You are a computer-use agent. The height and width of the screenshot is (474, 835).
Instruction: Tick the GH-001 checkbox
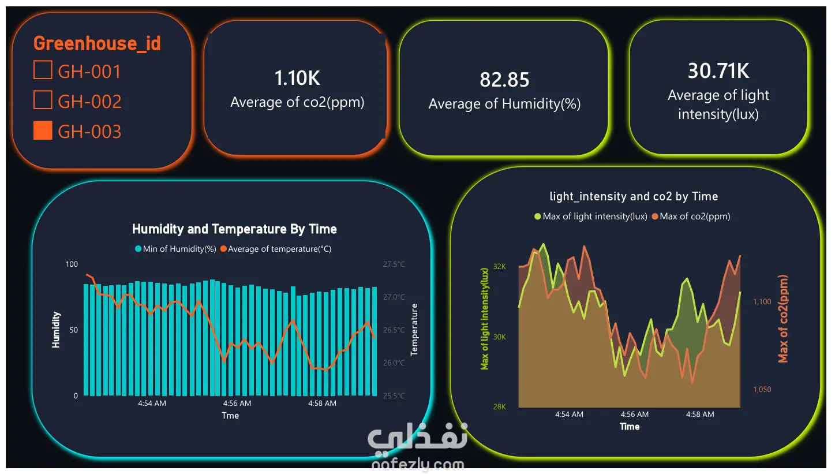tap(43, 70)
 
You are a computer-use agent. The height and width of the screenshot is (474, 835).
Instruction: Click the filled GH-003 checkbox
tap(43, 130)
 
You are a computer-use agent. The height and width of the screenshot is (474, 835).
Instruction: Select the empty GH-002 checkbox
tap(43, 100)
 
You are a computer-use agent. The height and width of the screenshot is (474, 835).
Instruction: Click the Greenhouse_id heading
tap(97, 44)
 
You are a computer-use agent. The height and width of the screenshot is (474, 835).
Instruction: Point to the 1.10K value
tap(297, 78)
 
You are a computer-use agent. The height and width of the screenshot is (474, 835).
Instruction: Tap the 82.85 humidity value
tap(504, 80)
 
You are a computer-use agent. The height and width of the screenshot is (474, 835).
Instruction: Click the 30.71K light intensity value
tap(718, 70)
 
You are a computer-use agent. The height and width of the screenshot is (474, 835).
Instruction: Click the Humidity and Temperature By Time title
tap(234, 229)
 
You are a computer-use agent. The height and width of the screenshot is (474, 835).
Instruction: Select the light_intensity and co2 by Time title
tap(634, 196)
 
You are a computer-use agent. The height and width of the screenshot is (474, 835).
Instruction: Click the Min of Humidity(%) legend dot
tap(138, 249)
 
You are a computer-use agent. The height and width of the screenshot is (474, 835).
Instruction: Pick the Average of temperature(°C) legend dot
tap(223, 249)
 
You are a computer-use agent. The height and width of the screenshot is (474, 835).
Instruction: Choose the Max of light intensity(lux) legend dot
tap(538, 217)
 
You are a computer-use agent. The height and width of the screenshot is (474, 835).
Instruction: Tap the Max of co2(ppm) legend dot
tap(655, 217)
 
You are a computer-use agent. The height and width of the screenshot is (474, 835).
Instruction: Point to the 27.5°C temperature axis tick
tap(394, 264)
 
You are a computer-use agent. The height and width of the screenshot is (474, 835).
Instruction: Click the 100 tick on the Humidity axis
tap(72, 264)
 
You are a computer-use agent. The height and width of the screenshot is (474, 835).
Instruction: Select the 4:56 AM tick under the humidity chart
tap(237, 403)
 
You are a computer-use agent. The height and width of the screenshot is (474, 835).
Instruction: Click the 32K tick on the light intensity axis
tap(500, 266)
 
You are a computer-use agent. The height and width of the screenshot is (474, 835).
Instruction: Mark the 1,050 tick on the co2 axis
tap(762, 389)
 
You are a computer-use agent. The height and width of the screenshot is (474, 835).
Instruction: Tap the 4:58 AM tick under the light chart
tap(700, 414)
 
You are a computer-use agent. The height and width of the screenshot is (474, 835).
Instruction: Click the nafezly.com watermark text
tap(418, 465)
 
